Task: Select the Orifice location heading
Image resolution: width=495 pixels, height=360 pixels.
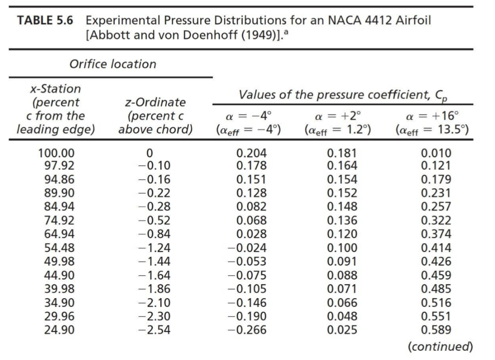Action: [113, 64]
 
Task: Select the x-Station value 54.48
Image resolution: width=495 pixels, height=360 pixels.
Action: [57, 248]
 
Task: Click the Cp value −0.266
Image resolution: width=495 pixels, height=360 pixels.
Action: [247, 330]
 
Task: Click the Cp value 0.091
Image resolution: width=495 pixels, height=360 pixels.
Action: [342, 262]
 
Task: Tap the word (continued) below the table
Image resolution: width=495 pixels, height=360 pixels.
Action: [439, 346]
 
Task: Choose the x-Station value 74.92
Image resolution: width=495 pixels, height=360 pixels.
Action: [57, 221]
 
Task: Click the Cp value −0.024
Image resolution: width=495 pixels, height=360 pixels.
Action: [247, 248]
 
